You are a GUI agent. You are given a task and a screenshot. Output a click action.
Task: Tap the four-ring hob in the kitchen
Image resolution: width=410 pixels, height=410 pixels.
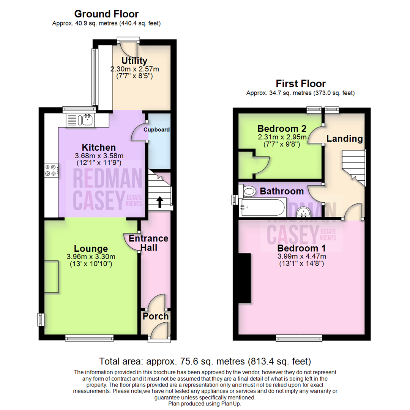click(x=51, y=170)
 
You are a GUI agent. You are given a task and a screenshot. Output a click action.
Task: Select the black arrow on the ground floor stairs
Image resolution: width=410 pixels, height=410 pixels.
click(x=159, y=202)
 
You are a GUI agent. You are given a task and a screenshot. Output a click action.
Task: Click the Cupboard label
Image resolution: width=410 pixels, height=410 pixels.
click(x=156, y=129)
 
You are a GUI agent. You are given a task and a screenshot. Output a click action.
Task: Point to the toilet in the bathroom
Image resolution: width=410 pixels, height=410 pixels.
click(x=248, y=191)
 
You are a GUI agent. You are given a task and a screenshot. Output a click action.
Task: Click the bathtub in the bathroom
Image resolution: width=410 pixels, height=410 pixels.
click(x=262, y=207)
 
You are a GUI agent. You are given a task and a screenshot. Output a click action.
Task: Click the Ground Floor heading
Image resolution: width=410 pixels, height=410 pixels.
click(x=106, y=14)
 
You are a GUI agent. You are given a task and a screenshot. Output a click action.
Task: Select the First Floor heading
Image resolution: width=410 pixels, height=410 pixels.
click(x=301, y=83)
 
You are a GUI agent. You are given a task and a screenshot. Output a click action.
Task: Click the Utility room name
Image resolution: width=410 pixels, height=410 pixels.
click(x=134, y=61)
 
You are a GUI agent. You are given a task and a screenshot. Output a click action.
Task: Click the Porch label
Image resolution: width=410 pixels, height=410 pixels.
click(x=156, y=316)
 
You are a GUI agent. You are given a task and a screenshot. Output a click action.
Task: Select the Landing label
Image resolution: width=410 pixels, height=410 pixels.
click(x=345, y=139)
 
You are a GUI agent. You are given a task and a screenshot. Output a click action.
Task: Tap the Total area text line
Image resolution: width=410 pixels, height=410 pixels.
click(x=205, y=361)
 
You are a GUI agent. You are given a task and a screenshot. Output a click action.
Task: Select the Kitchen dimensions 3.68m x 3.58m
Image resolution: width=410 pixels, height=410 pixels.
click(x=100, y=156)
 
